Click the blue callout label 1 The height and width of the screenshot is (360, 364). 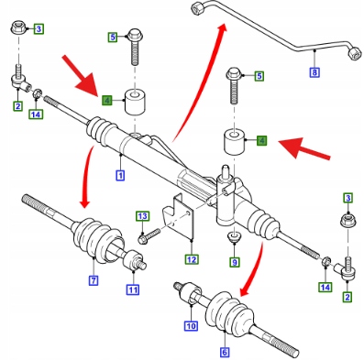[x=120, y=176]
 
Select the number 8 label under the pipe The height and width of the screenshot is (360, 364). [x=314, y=72]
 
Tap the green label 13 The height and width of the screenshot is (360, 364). [x=142, y=217]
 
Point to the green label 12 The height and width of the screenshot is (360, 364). [x=192, y=259]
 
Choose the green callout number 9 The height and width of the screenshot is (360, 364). [x=235, y=262]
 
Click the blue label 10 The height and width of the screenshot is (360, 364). [x=191, y=326]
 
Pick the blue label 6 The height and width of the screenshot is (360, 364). [x=225, y=352]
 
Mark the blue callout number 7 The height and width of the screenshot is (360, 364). [x=94, y=280]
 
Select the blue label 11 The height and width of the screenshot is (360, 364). [x=133, y=289]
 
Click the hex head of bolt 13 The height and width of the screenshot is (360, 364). [x=142, y=239]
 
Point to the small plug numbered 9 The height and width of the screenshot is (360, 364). [x=235, y=236]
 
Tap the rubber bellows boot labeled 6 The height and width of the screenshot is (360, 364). [x=228, y=313]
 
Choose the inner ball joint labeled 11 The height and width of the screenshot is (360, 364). [x=133, y=259]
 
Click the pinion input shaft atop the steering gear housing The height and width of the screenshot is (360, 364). [x=226, y=171]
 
